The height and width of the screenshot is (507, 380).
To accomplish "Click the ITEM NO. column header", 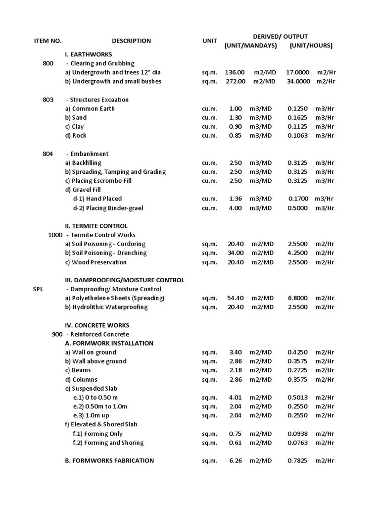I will click(x=47, y=41).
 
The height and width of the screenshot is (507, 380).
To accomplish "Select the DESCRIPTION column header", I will click(x=131, y=41).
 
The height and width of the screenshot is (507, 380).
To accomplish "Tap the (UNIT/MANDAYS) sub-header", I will click(x=250, y=46).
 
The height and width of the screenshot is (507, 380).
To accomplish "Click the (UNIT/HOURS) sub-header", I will click(x=311, y=46).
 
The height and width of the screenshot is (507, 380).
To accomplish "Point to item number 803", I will click(x=48, y=100).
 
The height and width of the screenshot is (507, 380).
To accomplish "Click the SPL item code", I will click(x=39, y=289).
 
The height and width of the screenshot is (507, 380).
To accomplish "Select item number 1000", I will click(x=55, y=235).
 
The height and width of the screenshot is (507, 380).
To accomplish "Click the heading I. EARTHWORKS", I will click(x=89, y=54).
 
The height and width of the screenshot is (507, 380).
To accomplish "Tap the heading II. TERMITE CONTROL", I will click(x=96, y=226).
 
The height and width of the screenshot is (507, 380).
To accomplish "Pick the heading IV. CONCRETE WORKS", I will click(x=97, y=325).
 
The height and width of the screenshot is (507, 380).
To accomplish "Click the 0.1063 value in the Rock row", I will click(x=297, y=136).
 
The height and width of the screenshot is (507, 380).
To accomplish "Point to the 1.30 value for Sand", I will click(x=236, y=118).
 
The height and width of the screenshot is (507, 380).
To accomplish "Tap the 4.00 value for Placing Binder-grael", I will click(x=236, y=208).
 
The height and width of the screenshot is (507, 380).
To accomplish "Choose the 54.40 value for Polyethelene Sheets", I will click(x=235, y=298).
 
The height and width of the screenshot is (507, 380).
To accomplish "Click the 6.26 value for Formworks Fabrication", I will click(x=236, y=460).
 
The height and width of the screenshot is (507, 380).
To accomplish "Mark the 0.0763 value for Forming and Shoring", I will click(x=297, y=443).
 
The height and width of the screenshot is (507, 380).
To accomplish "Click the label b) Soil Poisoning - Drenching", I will click(x=106, y=253).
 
